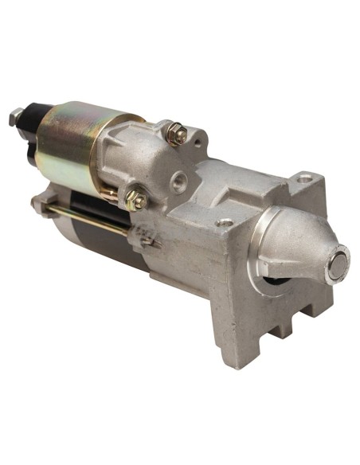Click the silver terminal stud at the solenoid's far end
pos(14,119)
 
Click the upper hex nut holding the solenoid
pos(178,135)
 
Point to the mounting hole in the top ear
pos(303,181)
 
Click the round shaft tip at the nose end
pos(338,264)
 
